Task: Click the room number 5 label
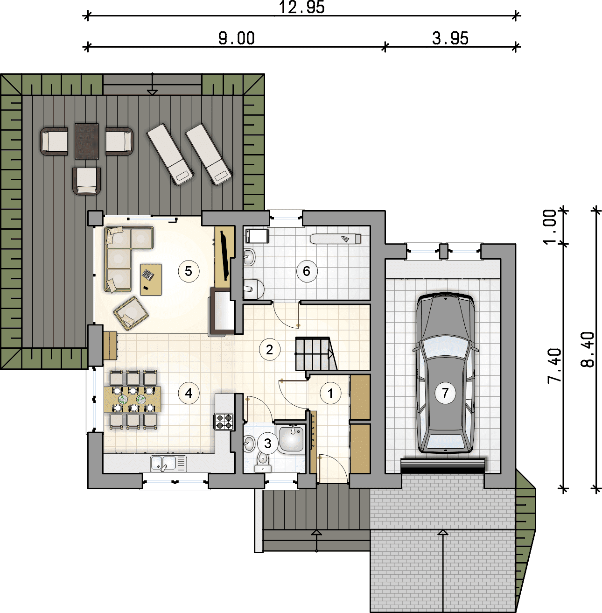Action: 188,271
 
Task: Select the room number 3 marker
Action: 268,443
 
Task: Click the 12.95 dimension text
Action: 301,7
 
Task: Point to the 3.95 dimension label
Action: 450,39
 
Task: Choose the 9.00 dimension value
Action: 236,39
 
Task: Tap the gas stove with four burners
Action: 224,421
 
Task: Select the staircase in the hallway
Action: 315,354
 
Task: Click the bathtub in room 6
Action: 336,239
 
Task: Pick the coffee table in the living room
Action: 151,279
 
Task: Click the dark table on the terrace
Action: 86,141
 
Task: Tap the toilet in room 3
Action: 262,462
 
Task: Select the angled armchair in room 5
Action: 131,313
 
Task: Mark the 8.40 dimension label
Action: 588,349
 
